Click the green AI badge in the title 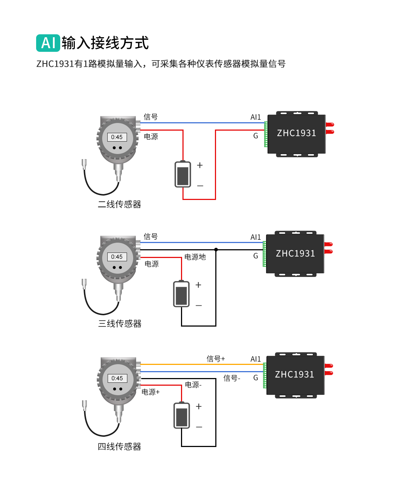pyautogui.click(x=48, y=43)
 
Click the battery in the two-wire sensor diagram pyautogui.click(x=183, y=174)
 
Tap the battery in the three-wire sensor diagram pyautogui.click(x=181, y=294)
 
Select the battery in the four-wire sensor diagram pyautogui.click(x=182, y=416)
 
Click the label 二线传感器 pyautogui.click(x=119, y=204)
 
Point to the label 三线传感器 pyautogui.click(x=120, y=324)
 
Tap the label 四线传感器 pyautogui.click(x=119, y=447)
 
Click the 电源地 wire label pyautogui.click(x=195, y=257)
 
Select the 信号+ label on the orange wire pyautogui.click(x=216, y=359)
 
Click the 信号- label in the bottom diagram pyautogui.click(x=232, y=378)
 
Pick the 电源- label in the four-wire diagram pyautogui.click(x=193, y=385)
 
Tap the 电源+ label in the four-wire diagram pyautogui.click(x=151, y=392)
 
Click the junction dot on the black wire pyautogui.click(x=216, y=250)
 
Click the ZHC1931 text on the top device pyautogui.click(x=296, y=133)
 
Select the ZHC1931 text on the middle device pyautogui.click(x=295, y=254)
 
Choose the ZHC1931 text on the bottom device pyautogui.click(x=294, y=375)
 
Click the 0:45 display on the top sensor pyautogui.click(x=117, y=137)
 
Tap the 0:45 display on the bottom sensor pyautogui.click(x=117, y=378)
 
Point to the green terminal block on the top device pyautogui.click(x=266, y=134)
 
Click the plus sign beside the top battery pyautogui.click(x=200, y=165)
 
